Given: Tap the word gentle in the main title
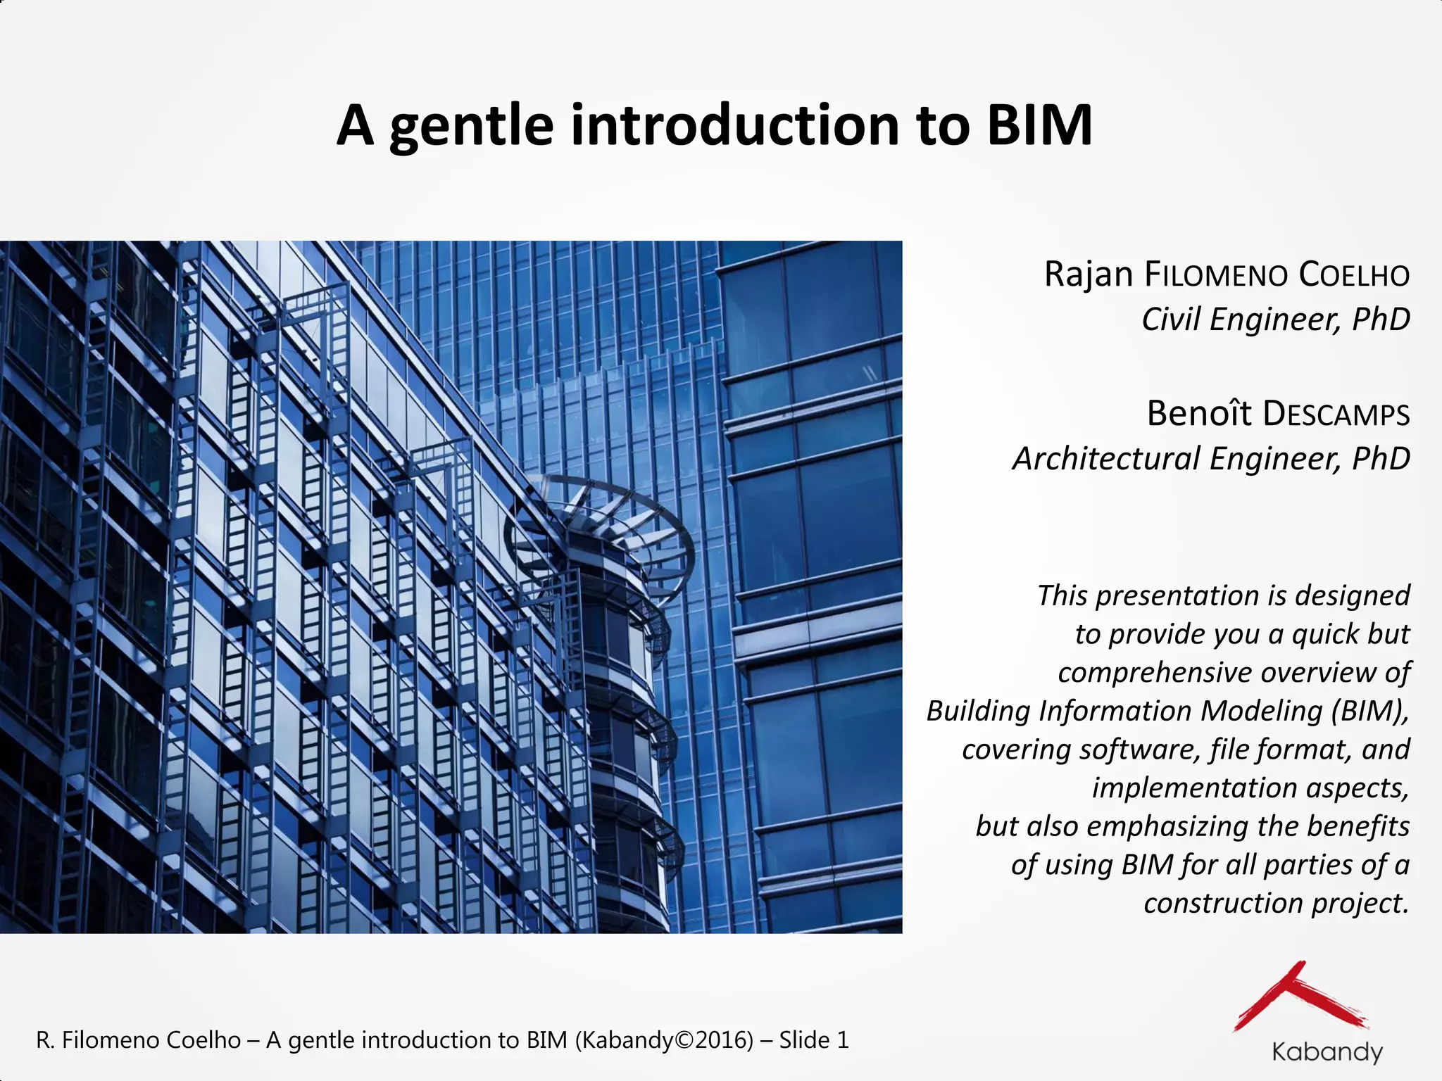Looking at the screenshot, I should [471, 127].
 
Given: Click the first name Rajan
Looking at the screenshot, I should [1089, 274].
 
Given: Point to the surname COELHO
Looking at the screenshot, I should [1354, 275].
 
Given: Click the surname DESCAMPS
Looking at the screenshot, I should [1336, 414].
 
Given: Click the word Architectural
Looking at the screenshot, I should [1105, 459].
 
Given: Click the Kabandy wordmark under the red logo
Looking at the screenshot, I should [1327, 1051].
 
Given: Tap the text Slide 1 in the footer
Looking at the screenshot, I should [814, 1039].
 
